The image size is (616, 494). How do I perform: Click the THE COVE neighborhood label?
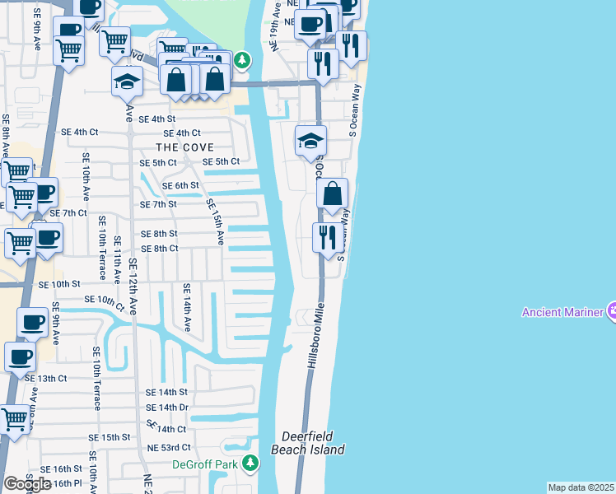(x=187, y=147)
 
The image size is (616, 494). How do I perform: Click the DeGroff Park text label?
(x=204, y=464)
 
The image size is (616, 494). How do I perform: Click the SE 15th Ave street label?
(x=215, y=221)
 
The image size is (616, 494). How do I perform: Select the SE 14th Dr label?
(x=167, y=408)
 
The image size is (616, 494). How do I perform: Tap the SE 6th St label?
(x=180, y=185)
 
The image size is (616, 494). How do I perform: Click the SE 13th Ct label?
(x=45, y=378)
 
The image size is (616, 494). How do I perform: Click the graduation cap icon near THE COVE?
(x=128, y=82)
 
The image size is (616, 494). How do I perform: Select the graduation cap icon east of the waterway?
(x=310, y=141)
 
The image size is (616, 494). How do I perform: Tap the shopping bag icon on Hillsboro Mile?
(x=332, y=195)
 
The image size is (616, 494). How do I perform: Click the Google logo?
(x=27, y=484)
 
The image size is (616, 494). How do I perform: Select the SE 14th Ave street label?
(x=187, y=307)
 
